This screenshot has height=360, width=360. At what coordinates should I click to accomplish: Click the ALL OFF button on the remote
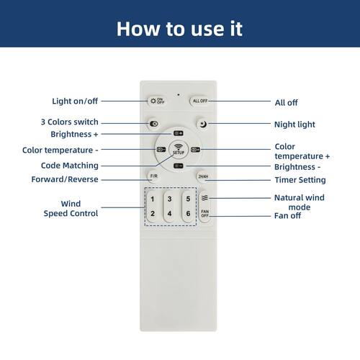(x=199, y=101)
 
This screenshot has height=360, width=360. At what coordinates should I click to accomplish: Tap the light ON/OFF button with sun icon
(x=157, y=101)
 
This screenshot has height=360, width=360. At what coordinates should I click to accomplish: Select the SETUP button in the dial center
(x=179, y=150)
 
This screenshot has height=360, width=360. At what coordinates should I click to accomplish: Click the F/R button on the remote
(x=154, y=176)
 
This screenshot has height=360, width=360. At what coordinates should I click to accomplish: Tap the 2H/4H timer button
(x=203, y=176)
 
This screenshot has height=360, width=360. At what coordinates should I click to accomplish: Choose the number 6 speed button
(x=188, y=213)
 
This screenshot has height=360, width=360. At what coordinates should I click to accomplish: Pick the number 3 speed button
(x=169, y=199)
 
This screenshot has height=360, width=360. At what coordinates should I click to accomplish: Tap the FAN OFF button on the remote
(x=204, y=213)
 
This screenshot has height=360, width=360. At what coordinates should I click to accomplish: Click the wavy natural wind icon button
(x=204, y=198)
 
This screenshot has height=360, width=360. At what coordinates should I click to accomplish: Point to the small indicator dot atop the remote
(x=179, y=94)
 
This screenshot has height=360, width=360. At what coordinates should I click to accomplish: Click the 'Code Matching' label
(x=70, y=166)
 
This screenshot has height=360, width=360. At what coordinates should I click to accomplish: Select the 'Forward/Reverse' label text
(x=65, y=179)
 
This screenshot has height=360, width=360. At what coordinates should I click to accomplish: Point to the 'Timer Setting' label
(x=300, y=180)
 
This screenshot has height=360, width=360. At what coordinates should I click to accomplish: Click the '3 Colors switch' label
(x=70, y=122)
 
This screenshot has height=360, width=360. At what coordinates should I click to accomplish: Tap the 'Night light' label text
(x=294, y=125)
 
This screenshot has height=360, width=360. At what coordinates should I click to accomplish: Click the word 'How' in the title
(x=138, y=29)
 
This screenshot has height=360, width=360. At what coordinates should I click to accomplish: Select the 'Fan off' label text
(x=287, y=216)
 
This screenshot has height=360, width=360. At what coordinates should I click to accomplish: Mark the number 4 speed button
(x=169, y=213)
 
